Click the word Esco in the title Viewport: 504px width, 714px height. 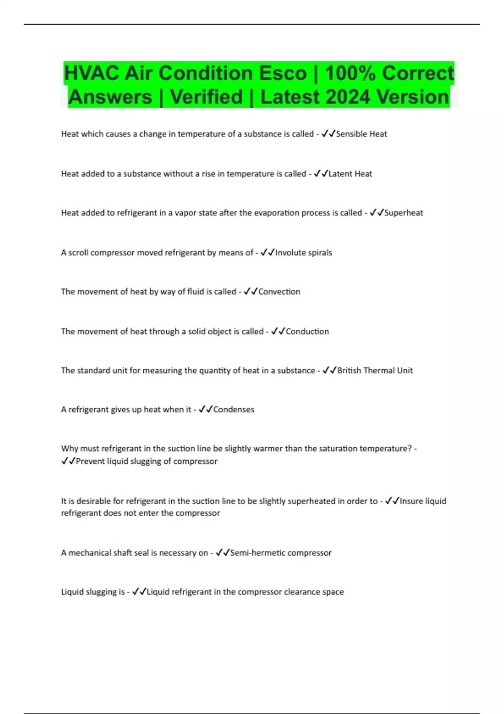(283, 73)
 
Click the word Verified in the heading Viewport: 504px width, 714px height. (207, 97)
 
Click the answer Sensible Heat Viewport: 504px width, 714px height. (362, 134)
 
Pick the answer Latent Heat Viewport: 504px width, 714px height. (350, 174)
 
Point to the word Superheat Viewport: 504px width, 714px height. (404, 213)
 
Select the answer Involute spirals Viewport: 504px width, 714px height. (304, 253)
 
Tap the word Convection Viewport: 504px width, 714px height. (279, 292)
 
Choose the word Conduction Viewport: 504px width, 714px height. (307, 331)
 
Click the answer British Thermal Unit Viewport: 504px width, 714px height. (375, 370)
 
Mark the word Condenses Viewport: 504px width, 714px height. (234, 409)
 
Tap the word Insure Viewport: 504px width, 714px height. (411, 501)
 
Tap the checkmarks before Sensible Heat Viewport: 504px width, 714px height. (328, 134)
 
